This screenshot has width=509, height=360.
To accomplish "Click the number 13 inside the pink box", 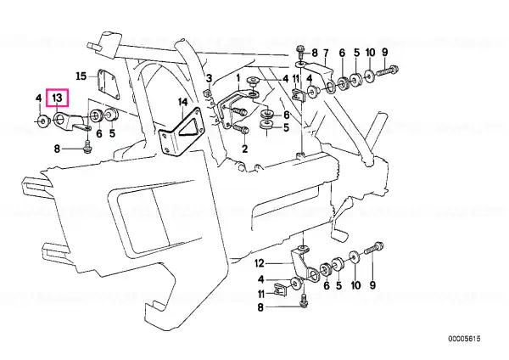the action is [x=57, y=98].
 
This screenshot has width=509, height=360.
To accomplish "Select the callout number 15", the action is [x=81, y=76].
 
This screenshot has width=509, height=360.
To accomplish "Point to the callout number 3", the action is [x=209, y=78].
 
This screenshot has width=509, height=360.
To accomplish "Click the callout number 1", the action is [x=238, y=78].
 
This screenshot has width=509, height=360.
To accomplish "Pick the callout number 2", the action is [x=245, y=149].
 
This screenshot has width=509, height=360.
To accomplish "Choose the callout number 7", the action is [x=326, y=53].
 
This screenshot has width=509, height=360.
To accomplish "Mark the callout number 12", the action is [x=260, y=263].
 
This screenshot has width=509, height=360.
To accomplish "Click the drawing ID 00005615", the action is [x=464, y=339].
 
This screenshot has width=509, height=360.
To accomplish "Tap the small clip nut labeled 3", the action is [x=209, y=94].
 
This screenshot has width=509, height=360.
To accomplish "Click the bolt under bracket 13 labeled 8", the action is [x=87, y=146].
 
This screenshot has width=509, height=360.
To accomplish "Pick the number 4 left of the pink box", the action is [x=38, y=98].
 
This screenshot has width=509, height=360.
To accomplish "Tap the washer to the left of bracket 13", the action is [x=42, y=121].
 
